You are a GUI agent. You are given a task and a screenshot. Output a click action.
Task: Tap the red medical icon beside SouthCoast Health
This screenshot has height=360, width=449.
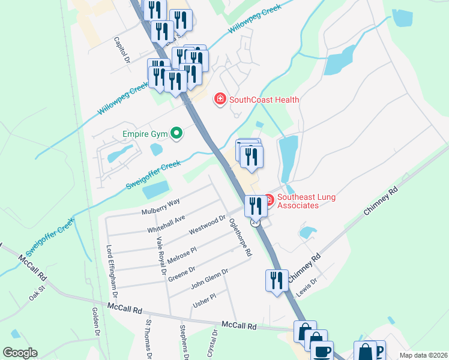(x=220, y=99)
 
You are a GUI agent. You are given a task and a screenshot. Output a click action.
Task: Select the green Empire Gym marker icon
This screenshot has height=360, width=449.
(x=176, y=133)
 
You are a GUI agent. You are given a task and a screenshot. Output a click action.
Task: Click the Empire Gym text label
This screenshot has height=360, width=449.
(x=143, y=133)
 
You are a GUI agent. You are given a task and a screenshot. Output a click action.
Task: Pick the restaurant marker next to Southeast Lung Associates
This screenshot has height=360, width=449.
(x=256, y=206)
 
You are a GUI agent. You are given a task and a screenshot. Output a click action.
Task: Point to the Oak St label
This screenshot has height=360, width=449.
(x=37, y=296)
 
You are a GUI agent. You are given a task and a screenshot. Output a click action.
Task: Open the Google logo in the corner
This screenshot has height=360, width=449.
(x=20, y=353)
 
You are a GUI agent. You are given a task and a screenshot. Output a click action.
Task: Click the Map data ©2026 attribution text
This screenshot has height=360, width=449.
(x=423, y=355)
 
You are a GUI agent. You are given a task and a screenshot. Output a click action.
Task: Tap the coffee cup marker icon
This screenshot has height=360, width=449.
(x=322, y=350)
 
